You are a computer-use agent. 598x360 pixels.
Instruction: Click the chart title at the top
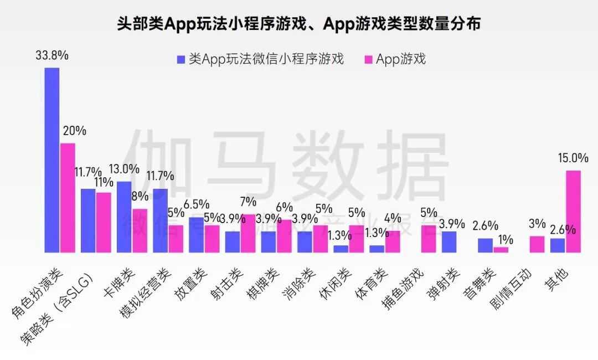point(298,24)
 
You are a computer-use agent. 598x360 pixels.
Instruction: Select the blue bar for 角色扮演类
point(52,160)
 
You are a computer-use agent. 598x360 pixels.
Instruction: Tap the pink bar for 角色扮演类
point(67,198)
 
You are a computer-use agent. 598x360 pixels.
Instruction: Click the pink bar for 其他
point(573,211)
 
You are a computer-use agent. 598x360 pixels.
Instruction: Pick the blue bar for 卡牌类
point(124,217)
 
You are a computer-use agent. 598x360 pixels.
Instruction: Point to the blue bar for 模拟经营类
point(161,220)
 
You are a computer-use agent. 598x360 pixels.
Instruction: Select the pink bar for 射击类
point(248,233)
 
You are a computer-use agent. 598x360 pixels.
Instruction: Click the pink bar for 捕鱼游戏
point(429,239)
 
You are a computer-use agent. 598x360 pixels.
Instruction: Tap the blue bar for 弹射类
point(449,241)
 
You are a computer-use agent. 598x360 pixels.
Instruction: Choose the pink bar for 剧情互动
point(537,244)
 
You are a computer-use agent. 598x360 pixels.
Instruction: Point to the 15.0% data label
point(573,158)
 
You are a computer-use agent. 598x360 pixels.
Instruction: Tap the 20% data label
point(74,131)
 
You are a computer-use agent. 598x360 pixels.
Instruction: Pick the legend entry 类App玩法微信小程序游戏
point(260,59)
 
